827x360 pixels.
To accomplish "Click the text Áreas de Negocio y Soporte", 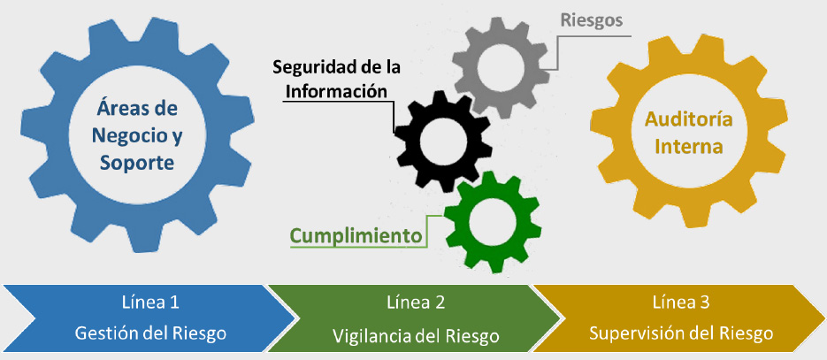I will click(x=137, y=135).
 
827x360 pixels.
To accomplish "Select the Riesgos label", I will click(x=592, y=20).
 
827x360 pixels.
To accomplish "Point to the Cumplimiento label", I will click(x=356, y=236).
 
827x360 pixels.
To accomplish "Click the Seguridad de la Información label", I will click(x=336, y=79).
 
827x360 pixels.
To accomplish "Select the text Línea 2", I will click(x=416, y=303).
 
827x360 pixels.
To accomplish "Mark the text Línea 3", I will click(x=681, y=303).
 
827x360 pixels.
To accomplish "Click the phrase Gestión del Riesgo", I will click(x=150, y=333).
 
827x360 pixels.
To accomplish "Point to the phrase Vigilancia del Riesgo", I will click(x=416, y=335).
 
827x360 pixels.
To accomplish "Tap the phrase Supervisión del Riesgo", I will click(x=681, y=333).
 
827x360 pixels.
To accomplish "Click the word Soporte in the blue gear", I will click(x=137, y=164).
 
